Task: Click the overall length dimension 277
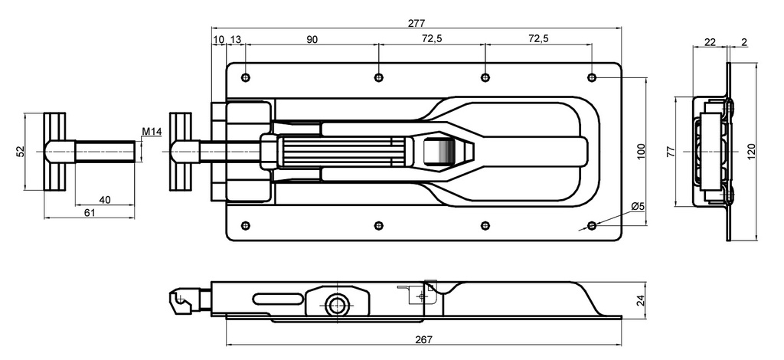(417, 23)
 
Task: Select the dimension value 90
(312, 39)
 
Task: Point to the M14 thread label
(152, 133)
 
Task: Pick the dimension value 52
(20, 152)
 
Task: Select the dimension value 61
(90, 213)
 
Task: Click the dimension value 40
(106, 200)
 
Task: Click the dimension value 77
(671, 151)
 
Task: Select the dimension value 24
(641, 300)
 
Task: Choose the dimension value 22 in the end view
(710, 42)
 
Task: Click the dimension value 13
(235, 39)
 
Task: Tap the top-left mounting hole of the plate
(245, 77)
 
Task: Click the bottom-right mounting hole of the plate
(591, 225)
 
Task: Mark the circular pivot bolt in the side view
(335, 304)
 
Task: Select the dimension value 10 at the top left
(218, 39)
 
